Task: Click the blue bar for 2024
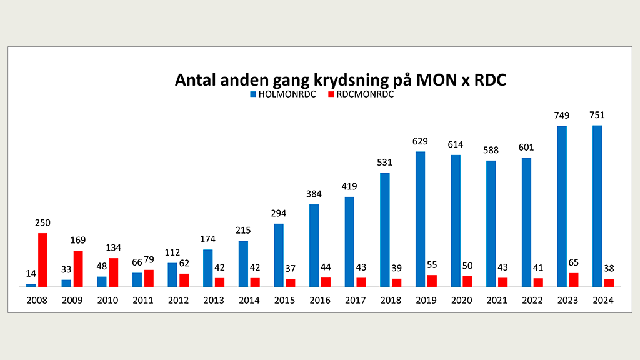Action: (x=597, y=206)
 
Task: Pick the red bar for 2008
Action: (x=42, y=259)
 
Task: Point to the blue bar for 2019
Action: (x=421, y=219)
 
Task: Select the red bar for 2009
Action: (x=78, y=268)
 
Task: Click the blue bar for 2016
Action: (x=314, y=245)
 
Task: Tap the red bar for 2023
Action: (x=574, y=279)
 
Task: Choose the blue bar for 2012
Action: (x=172, y=274)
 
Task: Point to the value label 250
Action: (x=42, y=222)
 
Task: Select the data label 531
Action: (x=385, y=162)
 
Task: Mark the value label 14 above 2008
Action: (x=31, y=273)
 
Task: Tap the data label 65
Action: (x=574, y=262)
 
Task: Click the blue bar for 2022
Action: (x=527, y=222)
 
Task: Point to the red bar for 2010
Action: (x=114, y=272)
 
